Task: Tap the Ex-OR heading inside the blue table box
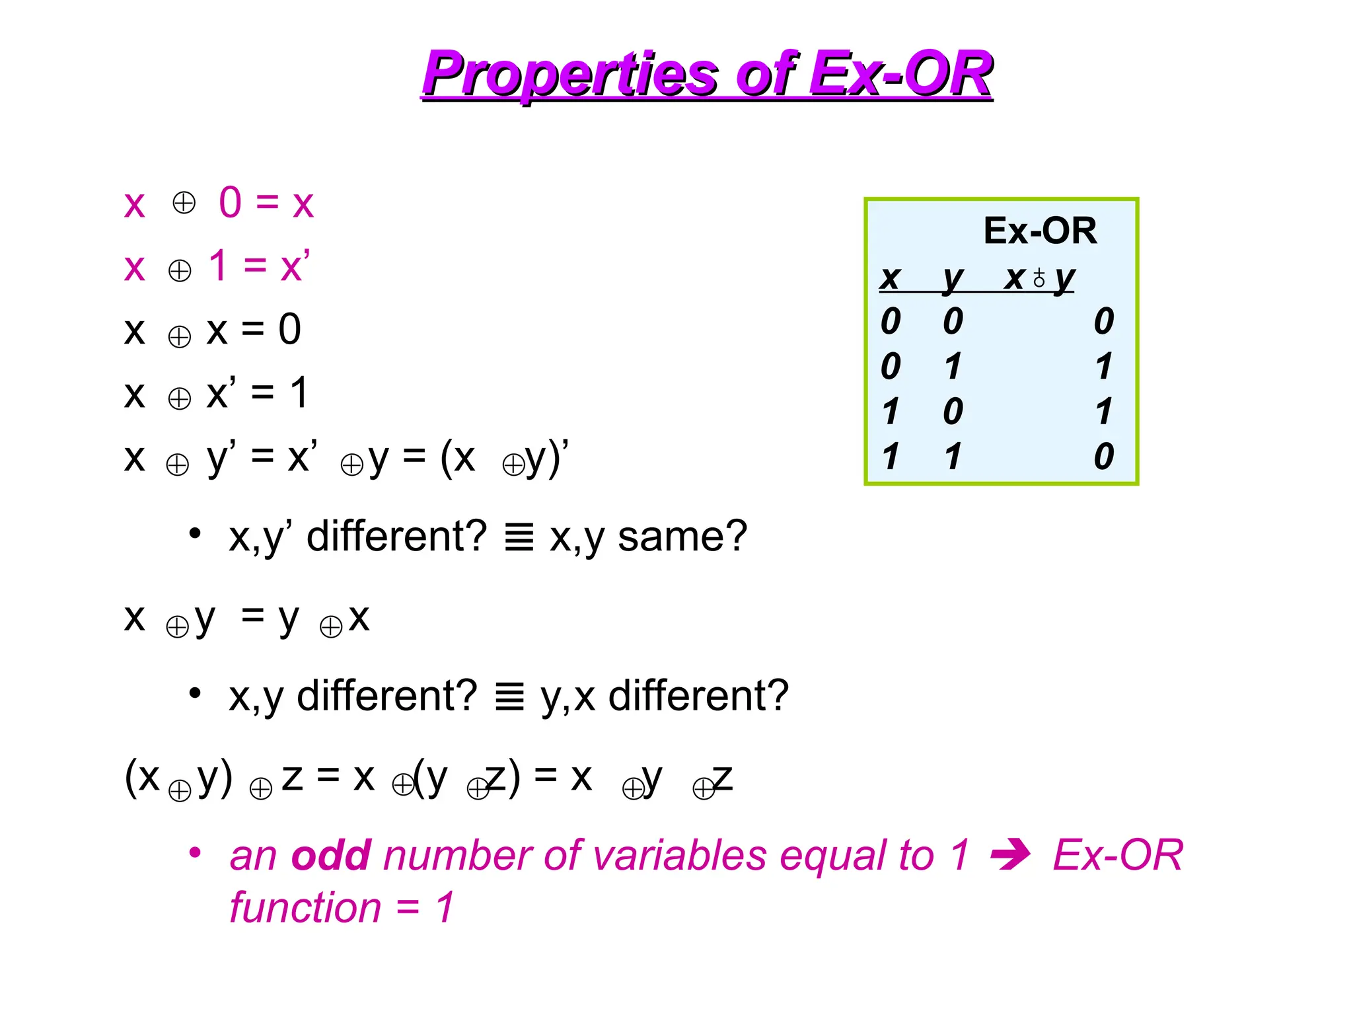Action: coord(1039,231)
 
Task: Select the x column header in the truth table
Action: coord(890,278)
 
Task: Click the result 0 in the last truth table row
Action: coord(1103,457)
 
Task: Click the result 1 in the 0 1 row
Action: coord(1103,366)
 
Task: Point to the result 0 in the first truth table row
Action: coord(1103,321)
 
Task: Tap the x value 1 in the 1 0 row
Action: coord(890,412)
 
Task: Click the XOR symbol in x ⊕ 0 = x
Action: coord(184,203)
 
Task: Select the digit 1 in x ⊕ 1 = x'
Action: coord(219,266)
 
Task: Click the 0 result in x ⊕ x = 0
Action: coord(289,329)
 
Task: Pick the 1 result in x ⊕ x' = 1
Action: coord(299,393)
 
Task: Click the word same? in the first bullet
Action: coord(682,537)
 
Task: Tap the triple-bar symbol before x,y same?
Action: coord(519,537)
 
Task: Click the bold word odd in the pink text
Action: coord(330,855)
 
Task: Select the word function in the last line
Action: coord(305,907)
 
